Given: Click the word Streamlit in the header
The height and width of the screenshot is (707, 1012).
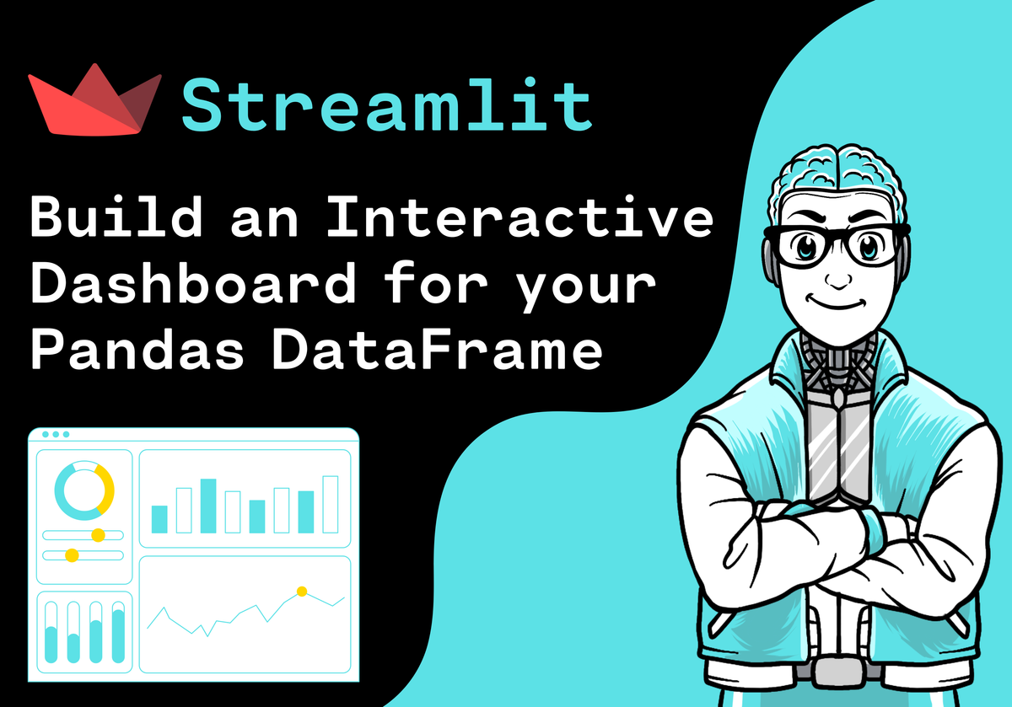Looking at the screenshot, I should tap(387, 104).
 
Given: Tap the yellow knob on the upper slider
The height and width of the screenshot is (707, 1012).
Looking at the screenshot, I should tap(98, 535).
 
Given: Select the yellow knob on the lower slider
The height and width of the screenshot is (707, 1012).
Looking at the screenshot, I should tap(72, 555).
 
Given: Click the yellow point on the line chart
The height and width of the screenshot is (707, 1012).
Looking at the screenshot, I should tap(301, 592).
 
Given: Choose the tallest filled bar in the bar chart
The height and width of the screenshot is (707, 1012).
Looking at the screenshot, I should tap(207, 506).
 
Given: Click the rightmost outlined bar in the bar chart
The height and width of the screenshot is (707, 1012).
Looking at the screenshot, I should tap(331, 504).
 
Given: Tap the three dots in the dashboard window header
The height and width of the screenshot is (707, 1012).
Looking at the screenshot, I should tap(56, 435).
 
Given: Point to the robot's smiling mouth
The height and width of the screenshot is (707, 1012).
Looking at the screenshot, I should tap(835, 303).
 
